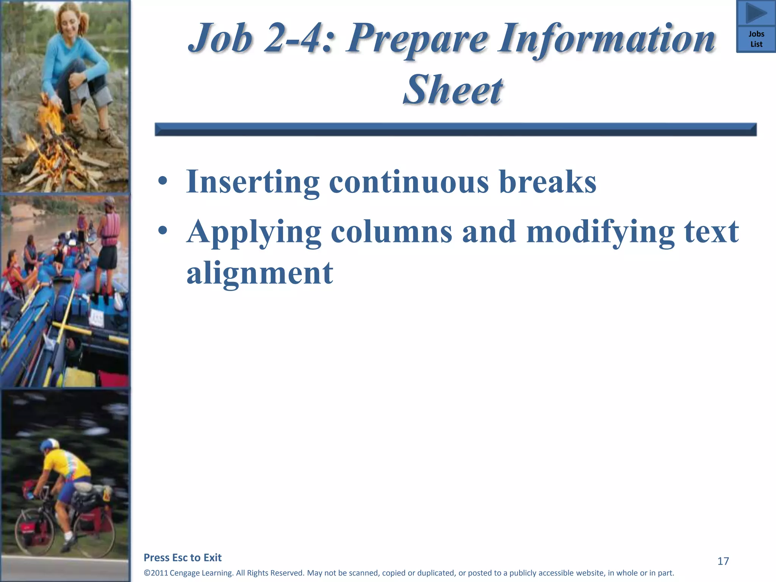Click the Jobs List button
[756, 39]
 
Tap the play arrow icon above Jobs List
[756, 14]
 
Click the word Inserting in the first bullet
[253, 182]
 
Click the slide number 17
[723, 561]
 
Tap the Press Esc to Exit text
[183, 557]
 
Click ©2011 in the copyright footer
[156, 573]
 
